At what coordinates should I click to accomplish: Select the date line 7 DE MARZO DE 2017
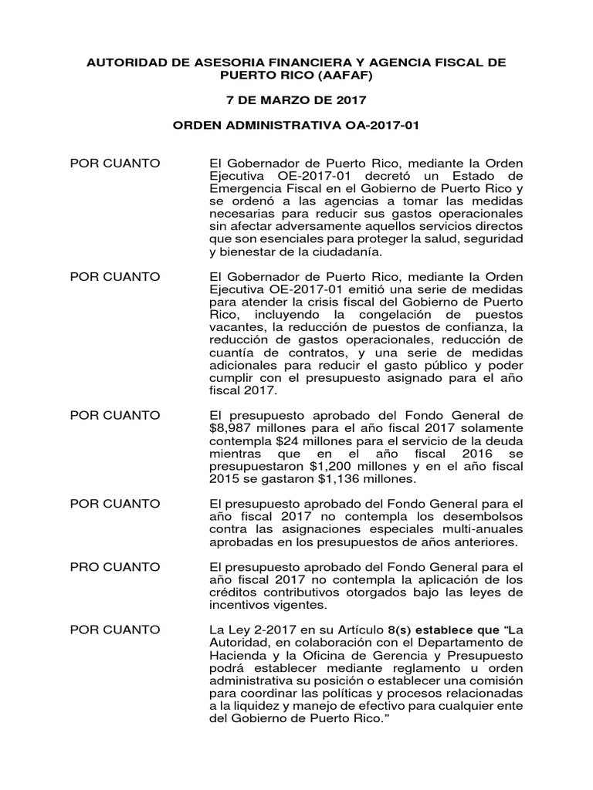[296, 100]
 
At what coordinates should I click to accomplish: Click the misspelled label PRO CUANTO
[115, 567]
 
